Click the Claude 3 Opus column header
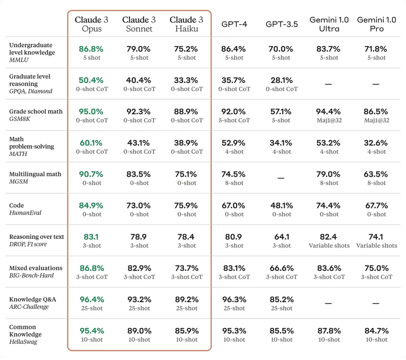91,24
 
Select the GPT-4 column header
234,24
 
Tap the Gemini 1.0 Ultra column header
329,24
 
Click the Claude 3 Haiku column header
186,24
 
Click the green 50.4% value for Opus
91,80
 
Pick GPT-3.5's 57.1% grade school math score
282,112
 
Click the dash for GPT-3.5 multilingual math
281,178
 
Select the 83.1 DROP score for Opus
91,237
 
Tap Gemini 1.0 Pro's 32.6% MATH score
376,143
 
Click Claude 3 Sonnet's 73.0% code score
139,206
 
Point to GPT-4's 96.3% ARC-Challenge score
234,299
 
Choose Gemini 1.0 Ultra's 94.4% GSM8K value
329,112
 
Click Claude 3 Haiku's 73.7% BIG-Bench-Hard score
186,268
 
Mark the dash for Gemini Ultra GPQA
329,84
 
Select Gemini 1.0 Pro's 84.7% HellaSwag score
376,331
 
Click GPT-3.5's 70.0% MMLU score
282,49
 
